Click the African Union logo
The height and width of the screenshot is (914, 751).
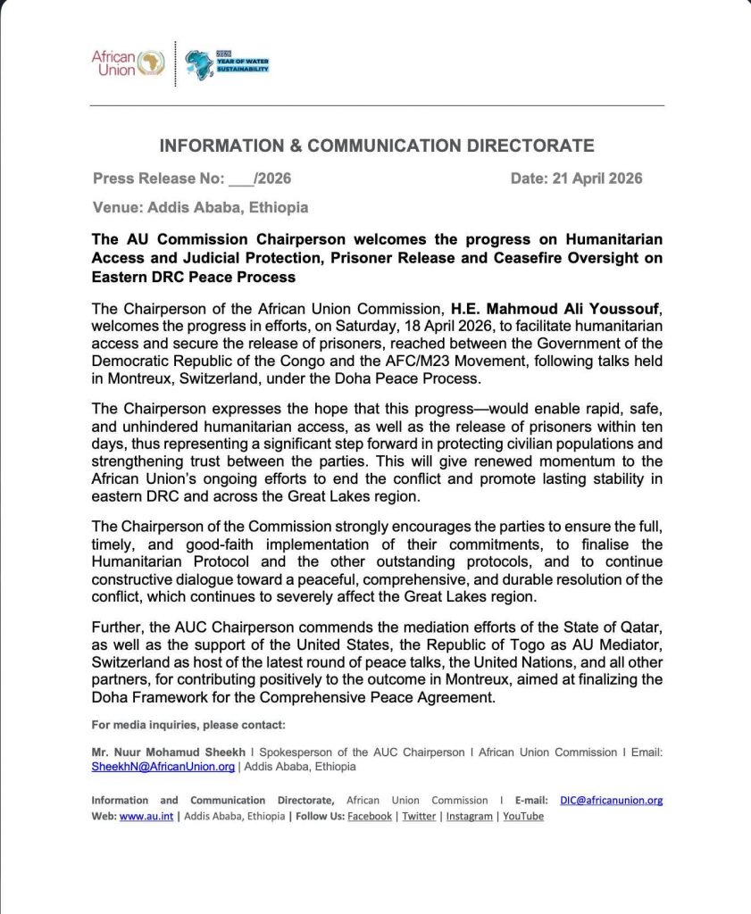click(x=128, y=62)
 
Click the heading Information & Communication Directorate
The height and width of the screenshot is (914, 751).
click(x=376, y=146)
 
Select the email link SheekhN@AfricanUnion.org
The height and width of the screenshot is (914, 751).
click(x=163, y=766)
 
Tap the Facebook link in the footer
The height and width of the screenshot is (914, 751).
click(x=369, y=816)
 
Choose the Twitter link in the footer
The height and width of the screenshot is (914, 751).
click(x=419, y=816)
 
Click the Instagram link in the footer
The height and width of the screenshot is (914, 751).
click(x=470, y=816)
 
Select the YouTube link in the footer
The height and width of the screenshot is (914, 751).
click(x=523, y=816)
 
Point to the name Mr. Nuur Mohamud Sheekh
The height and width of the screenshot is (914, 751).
click(x=157, y=752)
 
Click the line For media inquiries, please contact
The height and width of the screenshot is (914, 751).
click(x=188, y=724)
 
